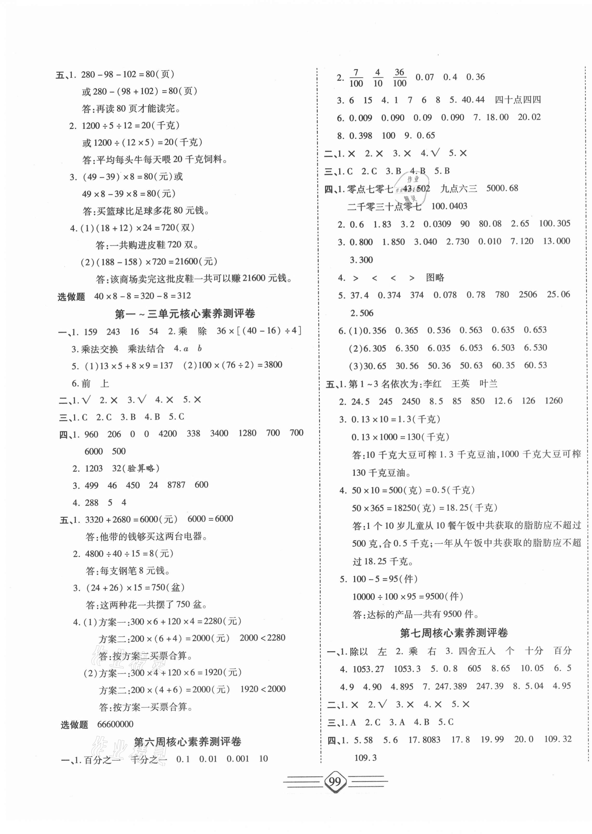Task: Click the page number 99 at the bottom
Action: click(x=335, y=782)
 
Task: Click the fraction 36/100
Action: click(x=400, y=77)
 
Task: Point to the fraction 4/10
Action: click(x=378, y=78)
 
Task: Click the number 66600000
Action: click(x=115, y=724)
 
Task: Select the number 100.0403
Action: click(x=449, y=206)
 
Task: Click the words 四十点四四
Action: click(x=518, y=100)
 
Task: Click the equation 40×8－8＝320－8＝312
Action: click(x=143, y=296)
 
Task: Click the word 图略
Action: click(x=435, y=278)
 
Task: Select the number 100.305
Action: click(x=554, y=223)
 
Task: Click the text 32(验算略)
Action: click(x=136, y=468)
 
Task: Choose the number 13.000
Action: click(x=556, y=241)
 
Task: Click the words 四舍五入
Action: click(x=477, y=651)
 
